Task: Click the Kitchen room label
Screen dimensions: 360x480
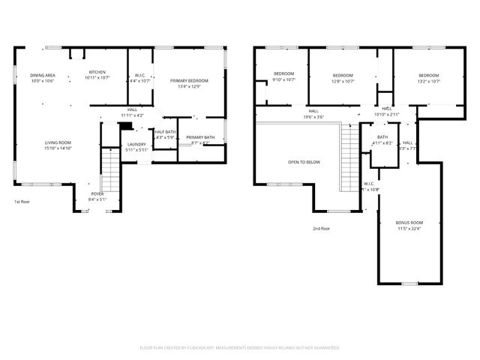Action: click(x=97, y=73)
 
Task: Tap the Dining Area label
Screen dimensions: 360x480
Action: click(x=42, y=76)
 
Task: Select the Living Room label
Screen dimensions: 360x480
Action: click(x=57, y=142)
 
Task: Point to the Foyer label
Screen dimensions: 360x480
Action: click(x=97, y=193)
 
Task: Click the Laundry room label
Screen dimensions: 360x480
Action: click(x=136, y=144)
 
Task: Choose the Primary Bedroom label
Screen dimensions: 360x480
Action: click(x=189, y=80)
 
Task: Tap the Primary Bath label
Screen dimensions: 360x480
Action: click(x=200, y=137)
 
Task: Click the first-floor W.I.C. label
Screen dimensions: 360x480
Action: click(x=140, y=75)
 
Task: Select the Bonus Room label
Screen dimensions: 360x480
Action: click(x=409, y=223)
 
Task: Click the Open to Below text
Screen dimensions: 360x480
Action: click(x=304, y=162)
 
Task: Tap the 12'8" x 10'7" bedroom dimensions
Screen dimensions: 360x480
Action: click(x=343, y=80)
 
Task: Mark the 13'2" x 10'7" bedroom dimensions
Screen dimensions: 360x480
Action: click(x=428, y=80)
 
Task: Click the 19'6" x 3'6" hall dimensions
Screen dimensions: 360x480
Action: click(x=313, y=117)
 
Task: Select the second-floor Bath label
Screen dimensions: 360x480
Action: click(x=382, y=136)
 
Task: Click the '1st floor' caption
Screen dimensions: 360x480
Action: click(x=22, y=202)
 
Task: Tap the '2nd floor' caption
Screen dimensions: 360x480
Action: click(x=322, y=229)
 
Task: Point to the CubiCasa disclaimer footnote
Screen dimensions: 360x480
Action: click(x=240, y=347)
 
